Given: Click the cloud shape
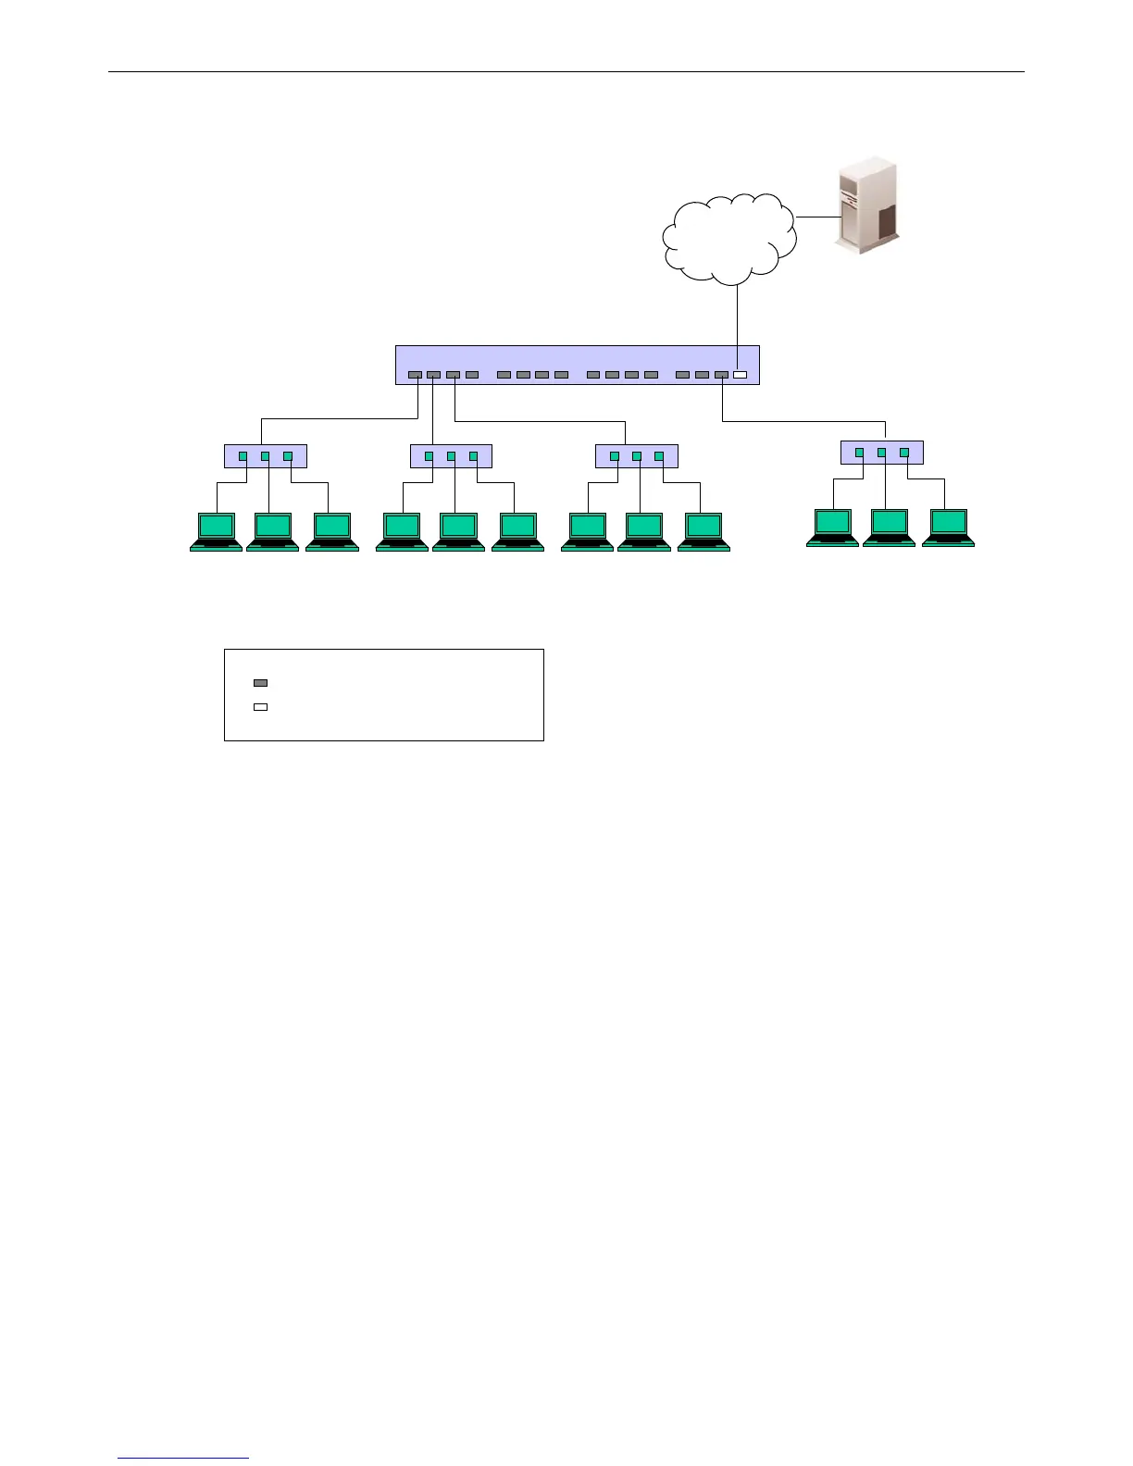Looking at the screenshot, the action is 729,239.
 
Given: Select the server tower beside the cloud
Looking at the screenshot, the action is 866,205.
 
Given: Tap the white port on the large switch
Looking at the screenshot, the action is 740,375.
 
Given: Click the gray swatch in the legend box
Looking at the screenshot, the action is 261,683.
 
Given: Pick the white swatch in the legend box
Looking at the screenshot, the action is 261,707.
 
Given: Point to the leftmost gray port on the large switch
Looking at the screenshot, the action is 415,375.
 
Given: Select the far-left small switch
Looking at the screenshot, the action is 266,456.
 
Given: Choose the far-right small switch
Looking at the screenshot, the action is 881,453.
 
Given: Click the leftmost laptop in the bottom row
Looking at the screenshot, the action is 216,531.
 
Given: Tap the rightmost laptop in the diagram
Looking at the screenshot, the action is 948,528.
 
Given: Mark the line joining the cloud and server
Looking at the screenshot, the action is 816,217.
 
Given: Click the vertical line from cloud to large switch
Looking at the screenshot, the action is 737,315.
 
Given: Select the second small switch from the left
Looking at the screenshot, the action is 451,456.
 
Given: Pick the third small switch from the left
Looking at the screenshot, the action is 637,456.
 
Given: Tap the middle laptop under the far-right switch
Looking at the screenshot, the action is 889,528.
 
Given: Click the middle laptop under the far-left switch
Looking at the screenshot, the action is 272,531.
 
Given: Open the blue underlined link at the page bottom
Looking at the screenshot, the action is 183,1459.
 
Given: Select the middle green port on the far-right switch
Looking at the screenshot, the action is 882,453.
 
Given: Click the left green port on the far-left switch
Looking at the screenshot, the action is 243,456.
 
